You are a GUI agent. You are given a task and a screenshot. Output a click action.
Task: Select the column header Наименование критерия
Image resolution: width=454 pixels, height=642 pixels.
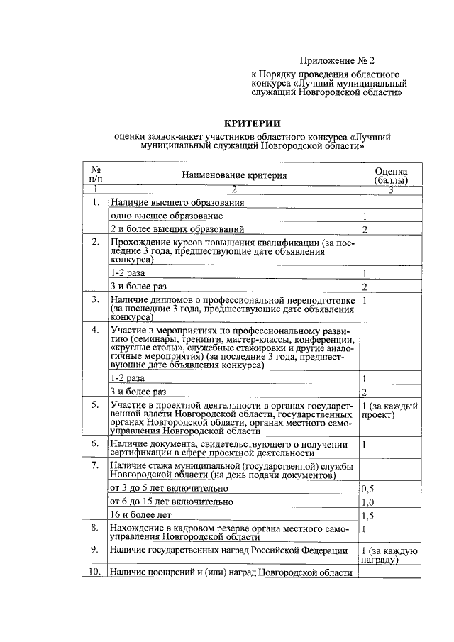[234, 175]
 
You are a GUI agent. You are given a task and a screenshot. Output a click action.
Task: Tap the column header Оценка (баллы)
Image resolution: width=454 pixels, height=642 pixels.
[391, 175]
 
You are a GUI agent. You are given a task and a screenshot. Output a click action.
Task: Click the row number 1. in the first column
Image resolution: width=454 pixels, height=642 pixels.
[95, 202]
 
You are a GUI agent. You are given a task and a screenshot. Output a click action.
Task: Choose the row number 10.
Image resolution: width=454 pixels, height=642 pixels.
[94, 572]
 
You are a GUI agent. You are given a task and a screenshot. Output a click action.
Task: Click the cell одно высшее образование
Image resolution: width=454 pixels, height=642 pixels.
[167, 216]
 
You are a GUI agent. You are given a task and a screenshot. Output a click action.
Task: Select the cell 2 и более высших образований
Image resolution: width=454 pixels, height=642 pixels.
[177, 229]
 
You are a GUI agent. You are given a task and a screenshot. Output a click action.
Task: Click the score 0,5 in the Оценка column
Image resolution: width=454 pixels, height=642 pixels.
[367, 489]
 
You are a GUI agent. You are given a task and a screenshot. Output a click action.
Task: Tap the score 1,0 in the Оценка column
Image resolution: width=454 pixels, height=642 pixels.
[367, 502]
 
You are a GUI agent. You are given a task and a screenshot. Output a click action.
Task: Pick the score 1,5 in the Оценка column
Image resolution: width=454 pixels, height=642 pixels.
[367, 516]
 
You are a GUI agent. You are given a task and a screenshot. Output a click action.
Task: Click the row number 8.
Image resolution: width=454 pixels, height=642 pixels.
[95, 528]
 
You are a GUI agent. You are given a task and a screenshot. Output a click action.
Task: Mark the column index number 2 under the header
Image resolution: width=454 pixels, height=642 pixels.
[233, 189]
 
